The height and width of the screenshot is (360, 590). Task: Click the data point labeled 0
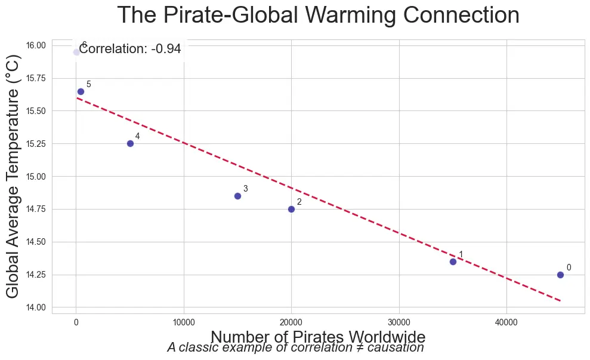[x=560, y=275]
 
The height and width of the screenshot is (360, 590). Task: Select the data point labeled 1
[x=453, y=261]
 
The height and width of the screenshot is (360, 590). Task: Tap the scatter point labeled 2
[x=291, y=209]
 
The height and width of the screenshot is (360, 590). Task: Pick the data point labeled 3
[x=237, y=196]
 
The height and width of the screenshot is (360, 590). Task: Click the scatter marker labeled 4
[x=130, y=143]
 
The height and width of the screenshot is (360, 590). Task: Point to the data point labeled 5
[x=81, y=91]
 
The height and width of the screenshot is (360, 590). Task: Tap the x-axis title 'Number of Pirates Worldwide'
[x=318, y=337]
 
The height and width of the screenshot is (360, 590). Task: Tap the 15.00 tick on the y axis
[x=36, y=177]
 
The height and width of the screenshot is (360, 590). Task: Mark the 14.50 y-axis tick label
[x=36, y=242]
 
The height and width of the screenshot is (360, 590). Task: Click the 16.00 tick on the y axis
[x=36, y=45]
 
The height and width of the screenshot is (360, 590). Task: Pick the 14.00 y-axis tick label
[x=36, y=307]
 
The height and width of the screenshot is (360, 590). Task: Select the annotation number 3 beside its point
[x=245, y=189]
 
